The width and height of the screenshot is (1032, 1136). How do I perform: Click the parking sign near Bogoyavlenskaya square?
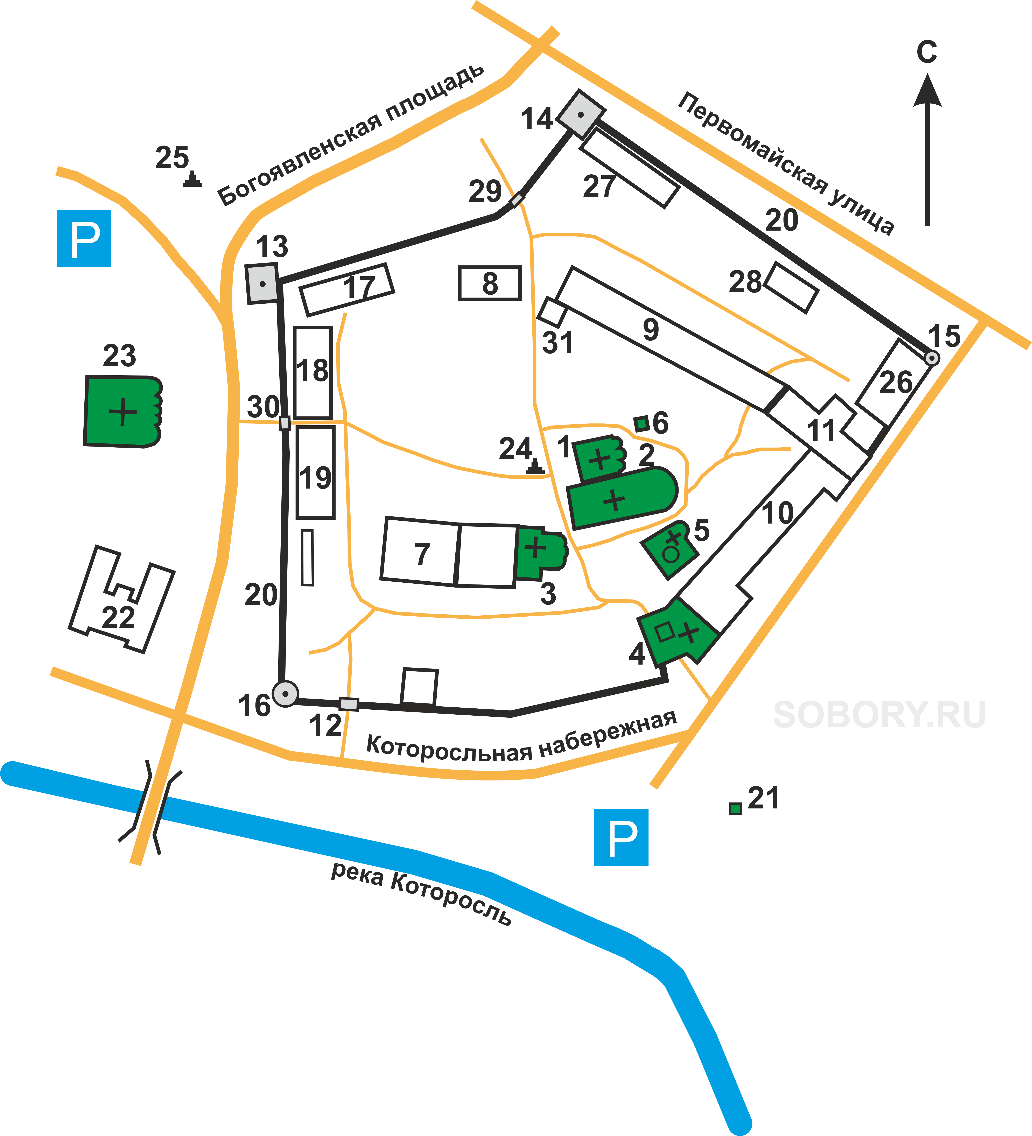pyautogui.click(x=84, y=238)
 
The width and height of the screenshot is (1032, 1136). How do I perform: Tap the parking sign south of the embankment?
pyautogui.click(x=621, y=837)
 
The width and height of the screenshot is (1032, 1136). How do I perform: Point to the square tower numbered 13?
pyautogui.click(x=262, y=283)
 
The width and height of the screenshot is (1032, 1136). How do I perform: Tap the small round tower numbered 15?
pyautogui.click(x=932, y=358)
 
